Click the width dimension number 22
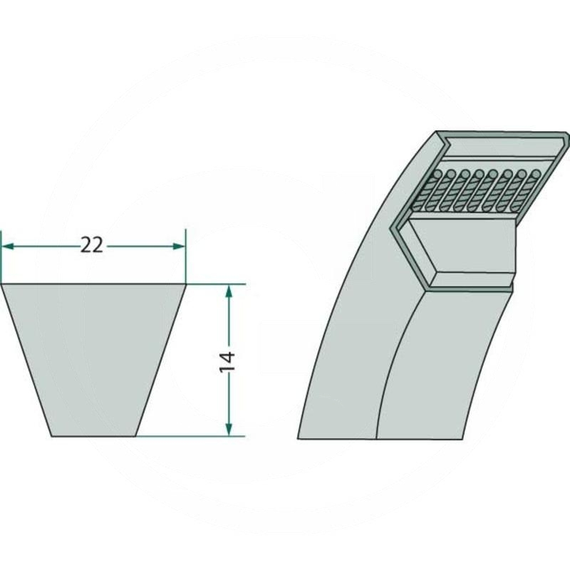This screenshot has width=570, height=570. (92, 246)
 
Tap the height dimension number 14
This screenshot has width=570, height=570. (227, 361)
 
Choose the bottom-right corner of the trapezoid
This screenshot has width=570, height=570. (137, 435)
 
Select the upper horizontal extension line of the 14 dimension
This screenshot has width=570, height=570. (217, 284)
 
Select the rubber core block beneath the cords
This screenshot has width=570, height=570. (463, 249)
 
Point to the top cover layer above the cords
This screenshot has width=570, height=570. (499, 146)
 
